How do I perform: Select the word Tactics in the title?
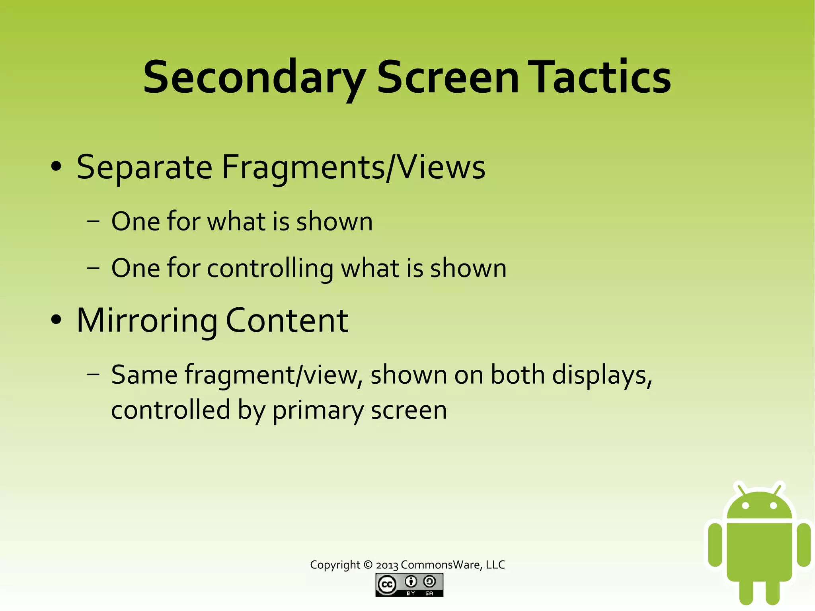point(601,77)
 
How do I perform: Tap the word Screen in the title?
point(448,77)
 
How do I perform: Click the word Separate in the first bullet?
point(144,167)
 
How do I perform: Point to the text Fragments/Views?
point(353,167)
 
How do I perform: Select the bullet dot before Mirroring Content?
point(56,320)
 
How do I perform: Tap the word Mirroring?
point(147,321)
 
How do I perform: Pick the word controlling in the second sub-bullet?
point(270,268)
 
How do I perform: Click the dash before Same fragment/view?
point(93,374)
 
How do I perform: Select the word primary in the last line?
point(318,411)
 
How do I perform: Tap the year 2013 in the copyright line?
point(387,565)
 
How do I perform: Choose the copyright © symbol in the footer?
point(368,565)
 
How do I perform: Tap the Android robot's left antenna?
point(740,489)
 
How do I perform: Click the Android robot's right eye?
point(773,506)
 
